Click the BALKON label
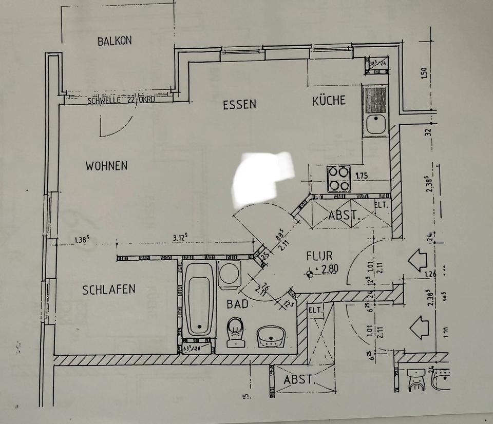[115, 41]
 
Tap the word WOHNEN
[106, 166]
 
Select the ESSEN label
[239, 105]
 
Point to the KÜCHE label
[329, 101]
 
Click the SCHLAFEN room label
[109, 290]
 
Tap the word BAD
[237, 304]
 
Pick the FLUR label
[319, 256]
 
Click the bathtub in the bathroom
[199, 299]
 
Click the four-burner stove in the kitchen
[339, 179]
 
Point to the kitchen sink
[376, 125]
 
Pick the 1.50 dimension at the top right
[424, 73]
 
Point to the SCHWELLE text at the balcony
[104, 101]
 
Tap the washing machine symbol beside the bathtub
[229, 274]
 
